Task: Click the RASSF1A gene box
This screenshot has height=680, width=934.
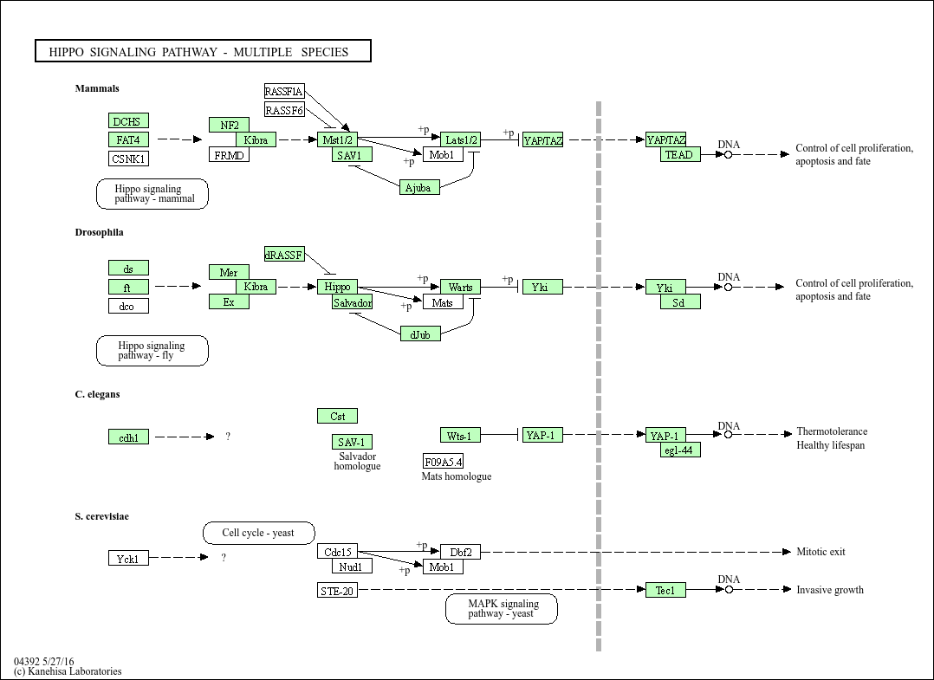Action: [x=284, y=92]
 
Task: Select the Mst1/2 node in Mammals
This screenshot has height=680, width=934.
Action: [x=337, y=139]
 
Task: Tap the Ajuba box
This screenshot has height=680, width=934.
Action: [x=419, y=187]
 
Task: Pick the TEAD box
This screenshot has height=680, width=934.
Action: [x=680, y=154]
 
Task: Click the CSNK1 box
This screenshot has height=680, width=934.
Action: [x=128, y=159]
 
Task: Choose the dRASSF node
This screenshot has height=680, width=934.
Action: [x=284, y=255]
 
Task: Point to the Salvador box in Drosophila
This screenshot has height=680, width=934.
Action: [x=353, y=301]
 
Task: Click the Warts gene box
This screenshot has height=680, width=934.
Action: [x=460, y=287]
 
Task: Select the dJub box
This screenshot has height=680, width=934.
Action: [x=420, y=334]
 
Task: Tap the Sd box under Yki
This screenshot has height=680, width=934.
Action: [x=680, y=302]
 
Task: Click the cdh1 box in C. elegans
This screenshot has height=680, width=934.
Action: [x=128, y=437]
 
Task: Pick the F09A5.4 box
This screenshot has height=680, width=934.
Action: [x=443, y=461]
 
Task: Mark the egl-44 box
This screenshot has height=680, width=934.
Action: [x=680, y=450]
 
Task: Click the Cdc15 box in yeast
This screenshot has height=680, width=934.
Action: [x=337, y=552]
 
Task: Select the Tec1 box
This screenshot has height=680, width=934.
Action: [x=665, y=590]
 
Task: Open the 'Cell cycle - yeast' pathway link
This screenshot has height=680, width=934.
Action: [x=258, y=533]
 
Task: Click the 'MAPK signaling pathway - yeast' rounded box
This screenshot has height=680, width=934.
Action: [x=502, y=608]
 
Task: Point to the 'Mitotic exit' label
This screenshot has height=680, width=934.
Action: [x=820, y=552]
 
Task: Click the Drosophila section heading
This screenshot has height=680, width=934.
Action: [x=99, y=232]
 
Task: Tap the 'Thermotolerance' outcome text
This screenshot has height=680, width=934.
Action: [x=832, y=431]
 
